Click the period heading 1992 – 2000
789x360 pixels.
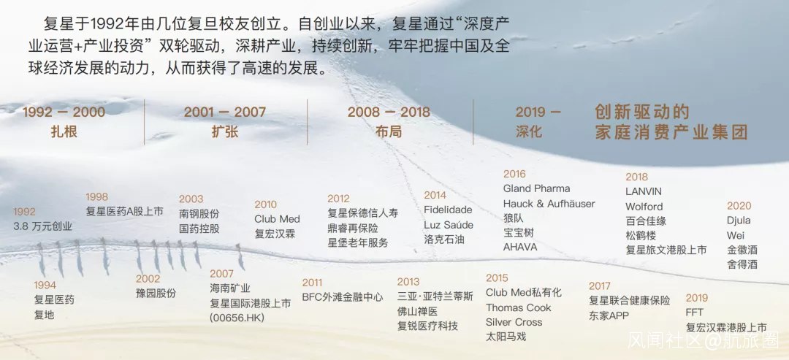pos(64,112)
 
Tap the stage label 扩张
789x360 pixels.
pos(225,131)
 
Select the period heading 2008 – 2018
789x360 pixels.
pos(389,112)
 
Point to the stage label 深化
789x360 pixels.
pos(529,131)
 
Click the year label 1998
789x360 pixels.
pos(96,196)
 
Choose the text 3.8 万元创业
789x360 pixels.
pos(43,226)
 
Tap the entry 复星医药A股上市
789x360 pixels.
pos(124,211)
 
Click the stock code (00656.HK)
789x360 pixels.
pos(237,318)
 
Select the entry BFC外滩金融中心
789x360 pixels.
pos(342,296)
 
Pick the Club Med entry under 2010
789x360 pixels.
pos(278,219)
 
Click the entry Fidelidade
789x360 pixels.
pos(448,210)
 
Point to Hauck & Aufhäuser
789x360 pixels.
pos(549,204)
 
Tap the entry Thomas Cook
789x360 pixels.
pos(518,307)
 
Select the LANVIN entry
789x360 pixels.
pos(644,191)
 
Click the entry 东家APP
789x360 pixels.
pos(609,315)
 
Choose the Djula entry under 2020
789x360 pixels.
pos(739,221)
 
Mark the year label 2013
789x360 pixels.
pos(408,282)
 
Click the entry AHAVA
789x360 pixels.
pos(520,248)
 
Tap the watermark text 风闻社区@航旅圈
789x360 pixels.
pos(703,340)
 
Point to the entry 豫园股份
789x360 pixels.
pos(156,293)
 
